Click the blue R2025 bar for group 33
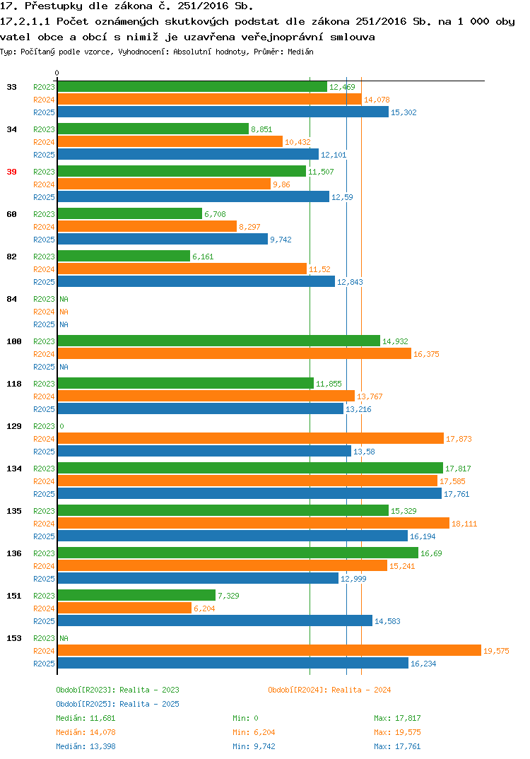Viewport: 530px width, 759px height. coord(223,112)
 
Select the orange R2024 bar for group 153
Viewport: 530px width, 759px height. coord(269,651)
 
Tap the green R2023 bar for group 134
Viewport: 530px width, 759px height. coord(250,468)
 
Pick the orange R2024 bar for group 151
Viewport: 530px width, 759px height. coord(124,608)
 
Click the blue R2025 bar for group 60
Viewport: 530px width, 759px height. coord(163,239)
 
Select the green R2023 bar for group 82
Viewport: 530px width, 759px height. coord(124,256)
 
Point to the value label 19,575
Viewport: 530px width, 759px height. coord(496,651)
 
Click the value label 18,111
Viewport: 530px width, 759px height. coord(464,524)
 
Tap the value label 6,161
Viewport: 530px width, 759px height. coord(203,257)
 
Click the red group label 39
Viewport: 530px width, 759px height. coord(11,172)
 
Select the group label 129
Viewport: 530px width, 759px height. coord(14,426)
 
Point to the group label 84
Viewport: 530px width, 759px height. coord(11,299)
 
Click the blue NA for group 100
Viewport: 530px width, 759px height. coord(64,367)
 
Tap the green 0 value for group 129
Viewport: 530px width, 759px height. coord(61,426)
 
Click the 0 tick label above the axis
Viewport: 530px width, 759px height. coord(57,73)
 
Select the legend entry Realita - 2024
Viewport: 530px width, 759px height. coord(329,690)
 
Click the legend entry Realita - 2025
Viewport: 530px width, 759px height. coord(117,704)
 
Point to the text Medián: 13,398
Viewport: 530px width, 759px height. coord(86,746)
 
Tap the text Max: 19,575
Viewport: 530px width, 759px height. coord(397,732)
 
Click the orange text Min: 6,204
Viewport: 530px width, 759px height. coord(254,732)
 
